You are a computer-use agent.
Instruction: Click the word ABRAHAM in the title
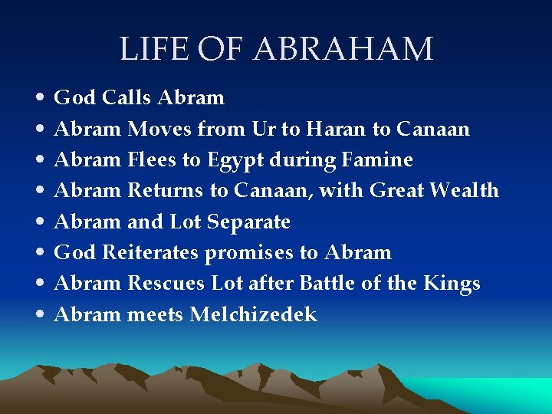(x=343, y=49)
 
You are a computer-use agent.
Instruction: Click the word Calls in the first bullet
(x=127, y=98)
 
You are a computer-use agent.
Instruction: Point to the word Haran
(x=335, y=129)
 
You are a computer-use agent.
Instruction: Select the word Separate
(x=247, y=222)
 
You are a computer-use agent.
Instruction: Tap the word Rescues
(x=166, y=283)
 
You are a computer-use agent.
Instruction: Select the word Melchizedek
(x=253, y=314)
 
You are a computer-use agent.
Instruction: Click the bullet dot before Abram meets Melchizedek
(x=38, y=315)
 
